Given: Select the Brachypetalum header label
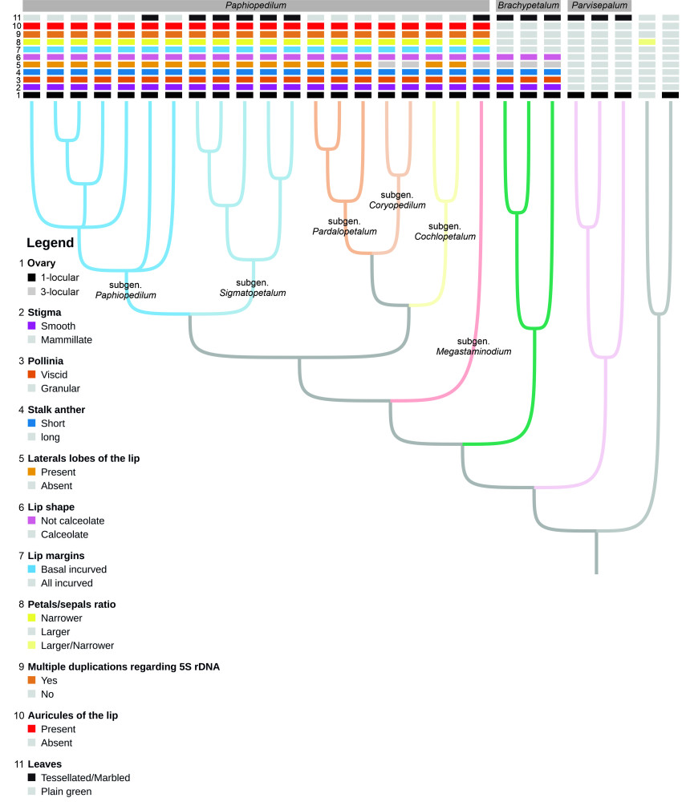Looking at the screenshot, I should point(528,6).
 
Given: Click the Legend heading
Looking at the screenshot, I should point(51,243).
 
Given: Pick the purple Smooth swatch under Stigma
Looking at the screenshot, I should point(32,326).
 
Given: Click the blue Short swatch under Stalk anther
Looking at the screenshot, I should point(32,423).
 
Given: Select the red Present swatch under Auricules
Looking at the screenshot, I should point(32,729).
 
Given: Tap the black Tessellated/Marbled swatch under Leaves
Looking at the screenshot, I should point(32,777).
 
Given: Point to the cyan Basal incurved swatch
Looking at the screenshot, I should point(32,569).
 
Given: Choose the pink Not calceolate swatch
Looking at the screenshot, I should point(32,520).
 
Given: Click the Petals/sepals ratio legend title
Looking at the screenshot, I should point(75,603).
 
